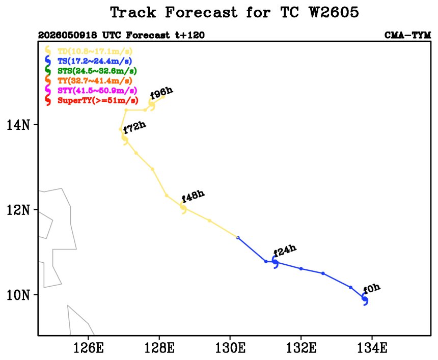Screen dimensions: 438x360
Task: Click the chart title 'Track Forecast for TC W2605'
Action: pos(234,12)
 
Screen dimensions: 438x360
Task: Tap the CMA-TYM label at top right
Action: pos(407,35)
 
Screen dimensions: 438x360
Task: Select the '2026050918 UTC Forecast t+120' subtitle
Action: pos(122,35)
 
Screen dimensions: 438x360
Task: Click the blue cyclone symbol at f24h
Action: pos(275,262)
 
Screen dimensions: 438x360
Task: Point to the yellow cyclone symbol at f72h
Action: pos(125,139)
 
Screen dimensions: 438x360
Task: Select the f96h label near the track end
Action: pos(161,93)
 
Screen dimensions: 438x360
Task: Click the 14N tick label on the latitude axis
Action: pos(18,125)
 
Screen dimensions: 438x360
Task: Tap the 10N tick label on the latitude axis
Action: pos(18,295)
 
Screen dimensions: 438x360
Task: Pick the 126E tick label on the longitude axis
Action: pos(88,348)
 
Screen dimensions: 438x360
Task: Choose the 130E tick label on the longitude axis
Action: pos(230,348)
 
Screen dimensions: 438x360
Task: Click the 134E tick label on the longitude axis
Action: pos(372,348)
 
